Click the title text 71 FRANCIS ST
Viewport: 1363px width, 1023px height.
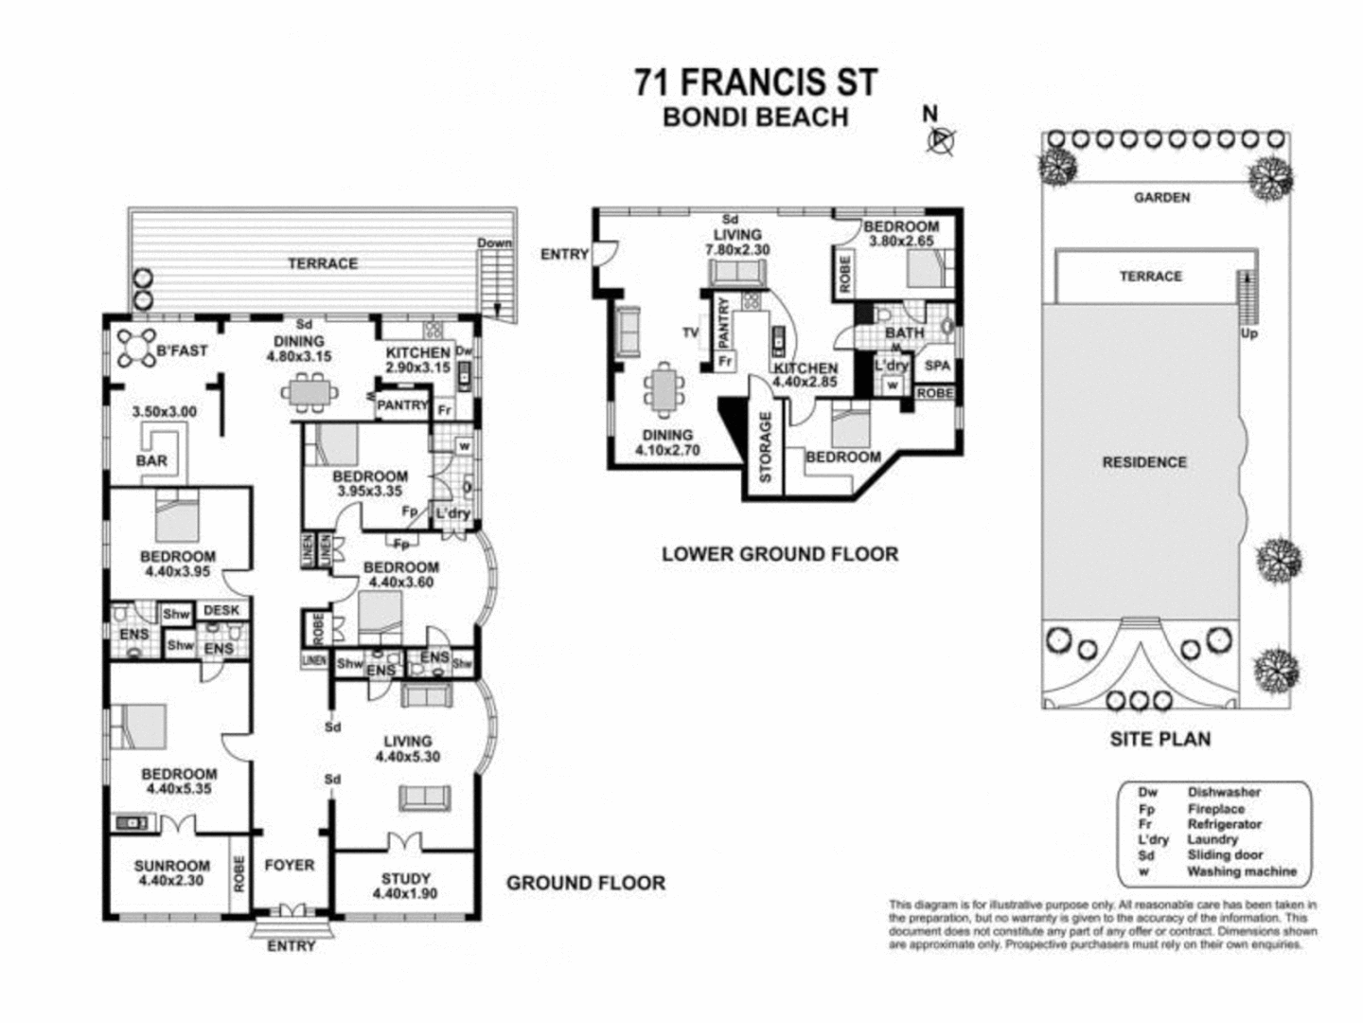(x=755, y=82)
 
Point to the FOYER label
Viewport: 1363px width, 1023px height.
(x=290, y=865)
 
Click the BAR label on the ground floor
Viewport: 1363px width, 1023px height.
(x=151, y=460)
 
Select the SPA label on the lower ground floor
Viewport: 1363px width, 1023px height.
(x=936, y=365)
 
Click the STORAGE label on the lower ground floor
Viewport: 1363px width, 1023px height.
(x=766, y=446)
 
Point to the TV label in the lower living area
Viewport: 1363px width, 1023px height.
(x=690, y=332)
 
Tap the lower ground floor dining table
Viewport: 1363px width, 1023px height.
(x=664, y=389)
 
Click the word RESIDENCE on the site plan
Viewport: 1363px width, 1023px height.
(x=1143, y=462)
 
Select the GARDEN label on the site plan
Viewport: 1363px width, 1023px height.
(x=1161, y=198)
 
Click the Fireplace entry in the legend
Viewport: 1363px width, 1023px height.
(x=1215, y=809)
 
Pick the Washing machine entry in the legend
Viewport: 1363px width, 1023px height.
(x=1241, y=871)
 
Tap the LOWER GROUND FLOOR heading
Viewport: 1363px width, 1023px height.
(x=779, y=553)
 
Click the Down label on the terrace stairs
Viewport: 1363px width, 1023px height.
(x=494, y=242)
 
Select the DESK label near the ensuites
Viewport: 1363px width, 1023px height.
(x=221, y=611)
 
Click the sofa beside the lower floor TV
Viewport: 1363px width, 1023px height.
(x=627, y=332)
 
